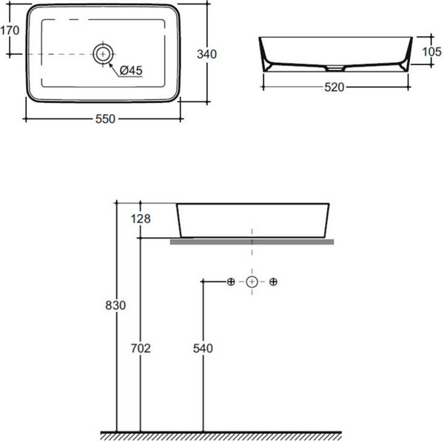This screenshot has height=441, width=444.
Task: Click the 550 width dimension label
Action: coord(105,119)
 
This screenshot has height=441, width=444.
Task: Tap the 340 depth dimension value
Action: coord(206,54)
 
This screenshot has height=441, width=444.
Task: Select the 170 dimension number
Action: coord(10,30)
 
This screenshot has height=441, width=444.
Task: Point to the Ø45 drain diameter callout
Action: coord(131,70)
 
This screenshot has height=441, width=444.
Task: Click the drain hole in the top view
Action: coord(103,54)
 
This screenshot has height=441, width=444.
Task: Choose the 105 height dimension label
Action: coord(432,52)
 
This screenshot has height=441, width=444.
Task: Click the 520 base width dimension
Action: coord(334,87)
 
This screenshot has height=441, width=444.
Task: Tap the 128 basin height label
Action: coord(141,219)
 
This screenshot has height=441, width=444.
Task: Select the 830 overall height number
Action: coord(115,305)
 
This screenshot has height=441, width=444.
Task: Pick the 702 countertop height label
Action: coord(141,348)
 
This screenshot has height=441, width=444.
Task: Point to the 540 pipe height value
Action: coord(203,348)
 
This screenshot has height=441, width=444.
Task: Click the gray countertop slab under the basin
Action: coord(252,242)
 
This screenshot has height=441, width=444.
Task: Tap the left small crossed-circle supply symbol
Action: coord(231,282)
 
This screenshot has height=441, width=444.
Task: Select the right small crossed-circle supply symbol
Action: coord(273,282)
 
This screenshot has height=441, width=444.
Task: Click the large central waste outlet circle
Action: coord(252,282)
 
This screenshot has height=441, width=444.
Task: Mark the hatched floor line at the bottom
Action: coord(221,436)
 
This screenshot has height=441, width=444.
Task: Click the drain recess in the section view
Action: coord(334,68)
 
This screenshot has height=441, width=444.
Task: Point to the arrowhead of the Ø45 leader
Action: coord(111,65)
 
